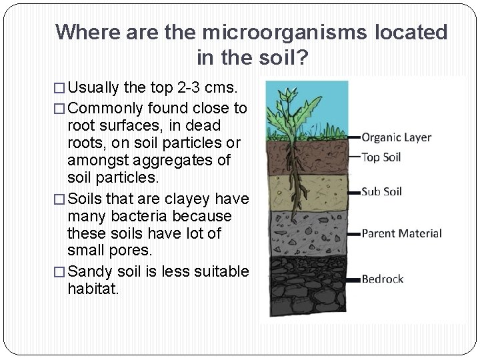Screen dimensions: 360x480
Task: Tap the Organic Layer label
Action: point(396,138)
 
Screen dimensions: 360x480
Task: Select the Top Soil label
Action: point(385,158)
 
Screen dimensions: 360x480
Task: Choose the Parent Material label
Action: point(401,233)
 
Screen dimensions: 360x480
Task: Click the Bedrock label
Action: point(382,279)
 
